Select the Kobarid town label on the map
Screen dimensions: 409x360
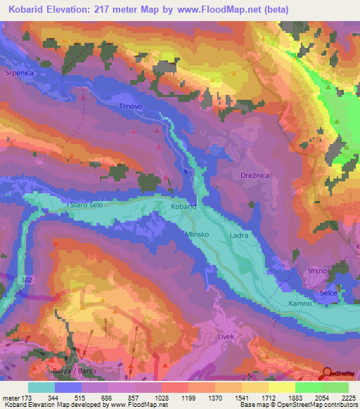tap(184, 208)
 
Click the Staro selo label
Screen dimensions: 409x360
tap(86, 204)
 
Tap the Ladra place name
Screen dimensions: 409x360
tap(239, 236)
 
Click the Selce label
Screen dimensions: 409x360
tap(328, 292)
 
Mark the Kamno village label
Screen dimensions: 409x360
tap(300, 304)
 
